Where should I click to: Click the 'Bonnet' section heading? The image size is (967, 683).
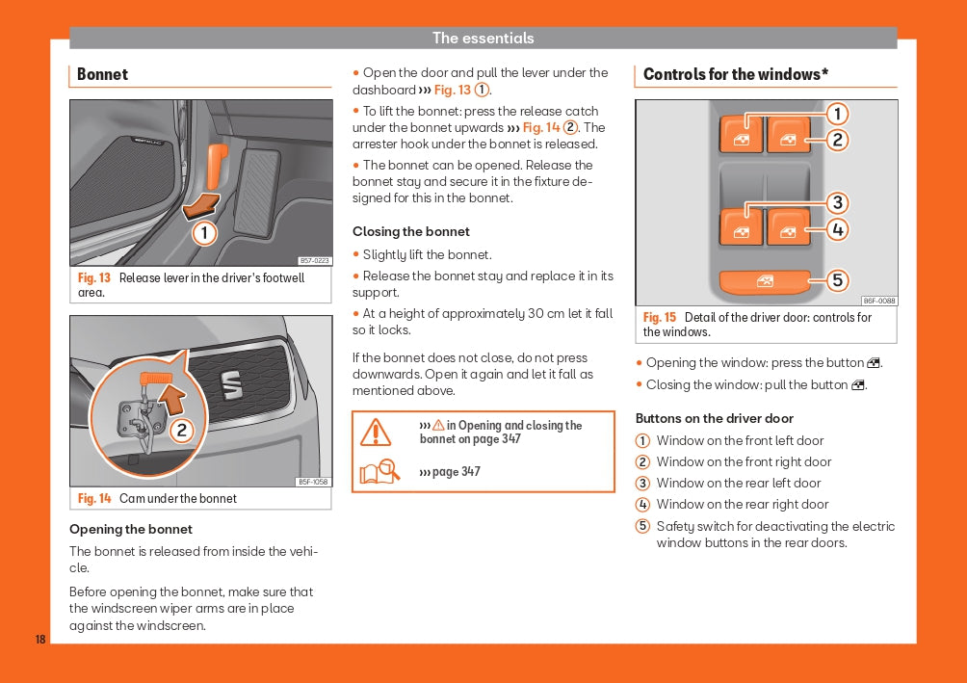click(102, 75)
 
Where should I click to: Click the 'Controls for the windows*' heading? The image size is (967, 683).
click(736, 75)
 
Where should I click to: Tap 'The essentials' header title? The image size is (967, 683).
click(483, 39)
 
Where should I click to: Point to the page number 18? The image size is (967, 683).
click(40, 640)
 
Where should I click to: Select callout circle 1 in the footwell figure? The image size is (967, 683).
click(203, 233)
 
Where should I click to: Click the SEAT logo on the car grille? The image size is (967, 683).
click(231, 386)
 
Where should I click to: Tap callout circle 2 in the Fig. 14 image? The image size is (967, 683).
click(181, 431)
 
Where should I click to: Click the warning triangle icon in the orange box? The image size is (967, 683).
click(376, 433)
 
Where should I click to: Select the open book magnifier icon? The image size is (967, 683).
click(379, 472)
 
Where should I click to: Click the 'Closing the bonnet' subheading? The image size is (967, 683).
click(411, 232)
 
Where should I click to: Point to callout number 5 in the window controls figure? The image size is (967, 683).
click(838, 280)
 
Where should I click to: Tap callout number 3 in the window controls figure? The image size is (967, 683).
click(838, 202)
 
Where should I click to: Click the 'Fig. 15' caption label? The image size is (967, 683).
click(660, 318)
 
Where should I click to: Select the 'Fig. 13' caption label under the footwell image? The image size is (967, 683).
click(94, 278)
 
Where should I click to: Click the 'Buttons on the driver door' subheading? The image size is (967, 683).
click(715, 419)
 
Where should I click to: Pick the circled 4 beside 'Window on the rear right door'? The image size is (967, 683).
click(642, 505)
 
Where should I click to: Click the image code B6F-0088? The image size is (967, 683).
click(878, 301)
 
